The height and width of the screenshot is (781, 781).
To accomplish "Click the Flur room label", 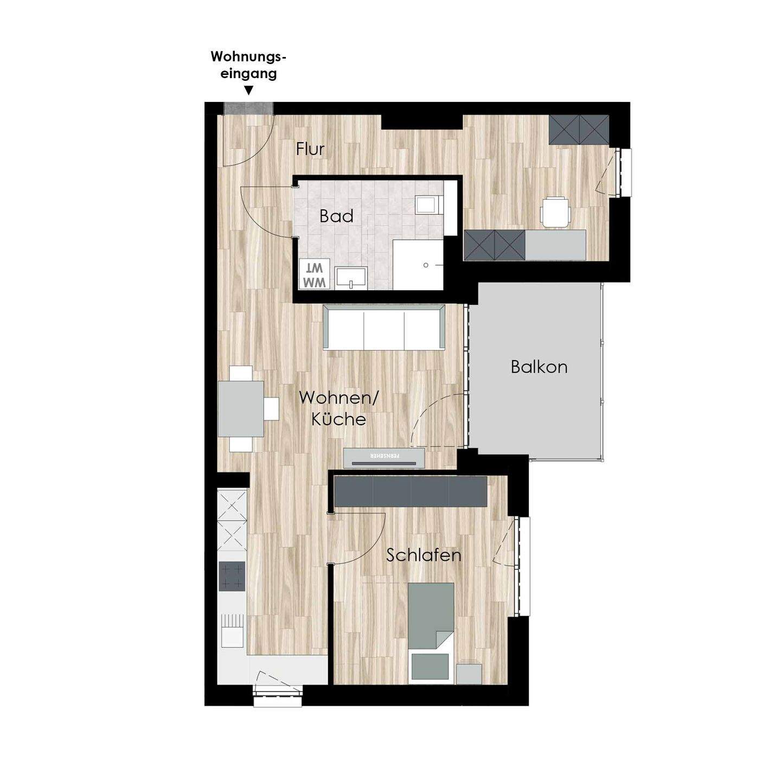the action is (310, 149).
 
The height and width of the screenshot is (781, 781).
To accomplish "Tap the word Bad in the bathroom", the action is (336, 216).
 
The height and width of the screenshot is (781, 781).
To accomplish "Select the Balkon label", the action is (539, 367).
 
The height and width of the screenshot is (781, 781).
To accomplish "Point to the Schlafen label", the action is (424, 555).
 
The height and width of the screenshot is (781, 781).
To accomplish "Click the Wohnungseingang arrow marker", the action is (249, 91).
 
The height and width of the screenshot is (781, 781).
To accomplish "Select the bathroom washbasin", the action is (351, 278).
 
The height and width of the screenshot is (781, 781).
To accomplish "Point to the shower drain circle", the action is (426, 265).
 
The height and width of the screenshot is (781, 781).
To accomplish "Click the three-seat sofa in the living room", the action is (384, 327).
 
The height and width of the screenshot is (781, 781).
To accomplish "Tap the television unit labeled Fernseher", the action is (384, 458).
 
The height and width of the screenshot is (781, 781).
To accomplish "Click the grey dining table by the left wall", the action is (241, 408).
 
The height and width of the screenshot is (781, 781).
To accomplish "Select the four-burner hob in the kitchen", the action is (232, 576).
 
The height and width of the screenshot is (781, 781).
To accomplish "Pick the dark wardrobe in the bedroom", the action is (411, 491).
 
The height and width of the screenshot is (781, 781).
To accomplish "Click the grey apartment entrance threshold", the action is (249, 108).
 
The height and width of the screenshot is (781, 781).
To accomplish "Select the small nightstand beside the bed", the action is (469, 674).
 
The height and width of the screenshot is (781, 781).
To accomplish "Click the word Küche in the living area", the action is (339, 419).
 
